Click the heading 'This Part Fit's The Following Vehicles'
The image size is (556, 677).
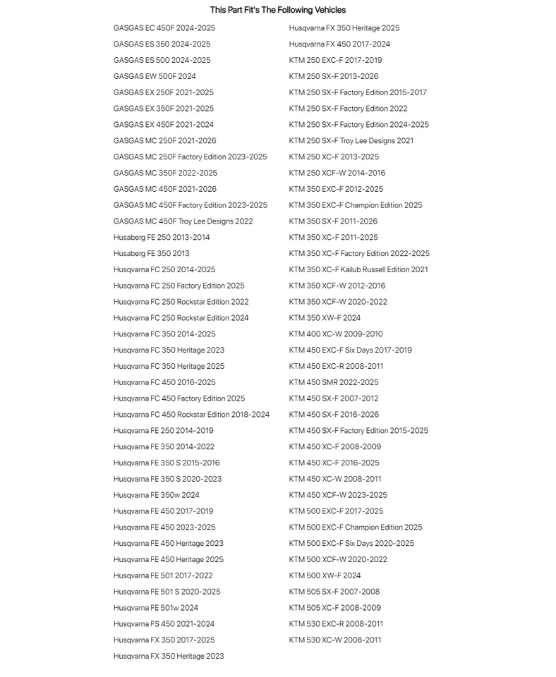[277, 10]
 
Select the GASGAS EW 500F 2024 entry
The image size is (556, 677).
[155, 76]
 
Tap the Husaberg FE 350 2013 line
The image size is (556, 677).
[151, 253]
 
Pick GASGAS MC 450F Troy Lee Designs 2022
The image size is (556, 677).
[183, 221]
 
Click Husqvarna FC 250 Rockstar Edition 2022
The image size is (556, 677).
[181, 302]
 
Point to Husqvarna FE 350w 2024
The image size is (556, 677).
[156, 495]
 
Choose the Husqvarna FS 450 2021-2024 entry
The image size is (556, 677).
[164, 624]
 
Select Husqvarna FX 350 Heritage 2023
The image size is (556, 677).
[169, 657]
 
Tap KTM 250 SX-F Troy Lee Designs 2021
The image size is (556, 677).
[351, 141]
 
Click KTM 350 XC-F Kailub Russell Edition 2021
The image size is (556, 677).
[358, 269]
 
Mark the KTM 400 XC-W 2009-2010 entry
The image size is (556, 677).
[335, 334]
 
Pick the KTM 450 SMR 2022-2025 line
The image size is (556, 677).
[333, 382]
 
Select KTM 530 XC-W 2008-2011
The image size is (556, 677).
[334, 640]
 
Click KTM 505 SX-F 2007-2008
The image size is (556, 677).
[334, 592]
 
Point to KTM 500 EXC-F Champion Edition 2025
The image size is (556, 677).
[355, 527]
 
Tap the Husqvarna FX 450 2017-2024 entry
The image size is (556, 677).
[339, 44]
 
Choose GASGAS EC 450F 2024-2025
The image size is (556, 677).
[164, 28]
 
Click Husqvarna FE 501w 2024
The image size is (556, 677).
[155, 608]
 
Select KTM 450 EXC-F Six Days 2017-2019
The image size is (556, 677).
[350, 350]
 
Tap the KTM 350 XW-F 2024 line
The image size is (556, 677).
[324, 318]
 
